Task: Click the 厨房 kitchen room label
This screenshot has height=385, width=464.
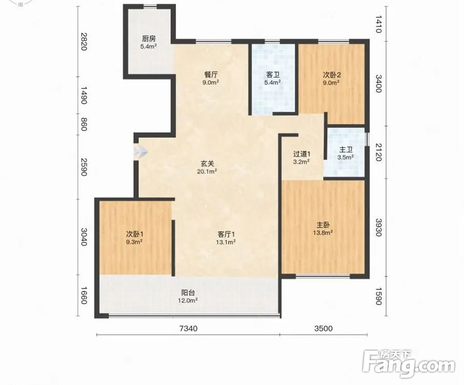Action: point(149,39)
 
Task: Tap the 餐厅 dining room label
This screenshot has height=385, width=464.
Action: point(211,74)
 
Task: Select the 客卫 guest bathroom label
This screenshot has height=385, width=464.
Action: point(273,74)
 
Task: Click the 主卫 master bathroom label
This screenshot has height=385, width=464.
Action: point(346,150)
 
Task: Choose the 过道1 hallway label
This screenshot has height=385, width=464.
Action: point(301,154)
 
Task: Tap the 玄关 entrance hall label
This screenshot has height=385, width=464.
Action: point(207,163)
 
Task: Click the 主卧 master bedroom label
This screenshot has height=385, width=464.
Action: point(323,225)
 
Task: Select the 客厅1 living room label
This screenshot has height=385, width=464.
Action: point(226,234)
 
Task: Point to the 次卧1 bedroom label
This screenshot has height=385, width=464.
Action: point(135,234)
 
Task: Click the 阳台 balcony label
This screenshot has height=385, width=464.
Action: point(188,293)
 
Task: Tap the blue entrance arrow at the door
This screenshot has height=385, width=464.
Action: point(140,152)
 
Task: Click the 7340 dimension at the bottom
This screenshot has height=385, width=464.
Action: point(189,329)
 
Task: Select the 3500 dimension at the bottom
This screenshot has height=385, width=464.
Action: point(324,329)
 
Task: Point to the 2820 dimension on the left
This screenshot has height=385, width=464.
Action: point(84,42)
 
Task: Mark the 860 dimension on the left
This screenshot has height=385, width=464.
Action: point(84,124)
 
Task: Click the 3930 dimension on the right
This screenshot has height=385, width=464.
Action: point(378,227)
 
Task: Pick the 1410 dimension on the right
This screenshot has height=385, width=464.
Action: point(378,24)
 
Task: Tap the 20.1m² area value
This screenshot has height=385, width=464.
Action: point(207,171)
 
